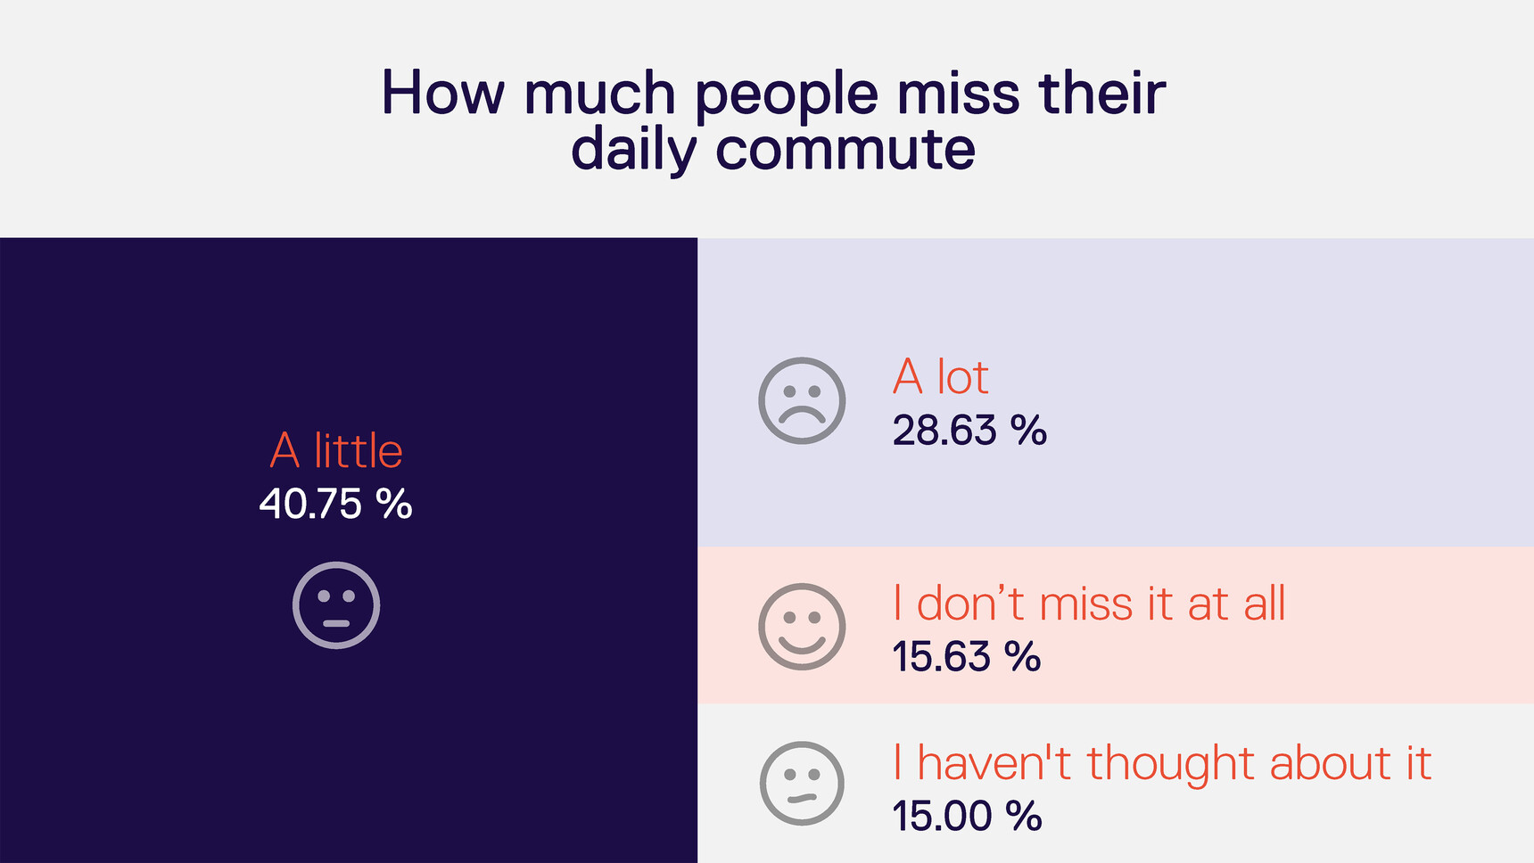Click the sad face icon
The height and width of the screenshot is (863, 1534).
pyautogui.click(x=802, y=400)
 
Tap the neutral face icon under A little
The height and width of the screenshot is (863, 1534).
pyautogui.click(x=336, y=605)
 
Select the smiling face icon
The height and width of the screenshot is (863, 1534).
pyautogui.click(x=802, y=627)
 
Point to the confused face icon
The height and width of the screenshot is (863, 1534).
pyautogui.click(x=802, y=784)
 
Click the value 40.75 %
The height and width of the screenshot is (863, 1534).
pyautogui.click(x=335, y=504)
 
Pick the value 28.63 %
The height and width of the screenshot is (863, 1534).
pyautogui.click(x=969, y=431)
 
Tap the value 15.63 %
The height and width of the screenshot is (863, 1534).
pyautogui.click(x=966, y=657)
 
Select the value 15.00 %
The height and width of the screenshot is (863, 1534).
pyautogui.click(x=967, y=816)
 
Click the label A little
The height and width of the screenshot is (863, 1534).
pyautogui.click(x=336, y=450)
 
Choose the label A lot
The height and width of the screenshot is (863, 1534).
pyautogui.click(x=940, y=377)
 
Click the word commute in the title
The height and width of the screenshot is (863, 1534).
pyautogui.click(x=845, y=149)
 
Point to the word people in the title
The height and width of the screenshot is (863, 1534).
pyautogui.click(x=786, y=95)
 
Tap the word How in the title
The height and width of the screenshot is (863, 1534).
pyautogui.click(x=442, y=93)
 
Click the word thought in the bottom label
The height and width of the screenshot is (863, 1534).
pyautogui.click(x=1172, y=764)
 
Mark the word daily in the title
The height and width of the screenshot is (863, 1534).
pyautogui.click(x=632, y=149)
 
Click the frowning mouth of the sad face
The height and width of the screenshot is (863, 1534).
pyautogui.click(x=802, y=414)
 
